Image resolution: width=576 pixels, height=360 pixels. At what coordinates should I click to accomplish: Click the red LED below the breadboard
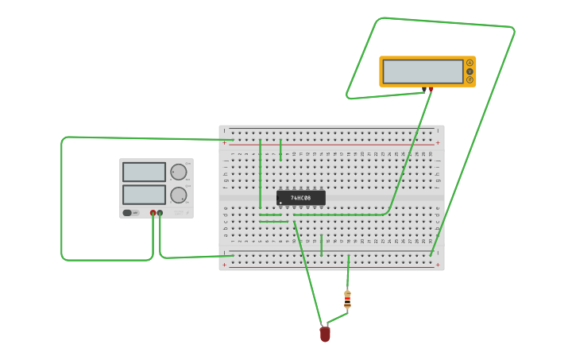pos(325,335)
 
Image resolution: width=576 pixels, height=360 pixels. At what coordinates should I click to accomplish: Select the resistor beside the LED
pos(347,300)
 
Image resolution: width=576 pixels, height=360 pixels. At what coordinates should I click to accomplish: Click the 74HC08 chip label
pos(300,197)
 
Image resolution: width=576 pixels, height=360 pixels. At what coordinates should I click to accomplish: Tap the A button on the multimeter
pos(470,63)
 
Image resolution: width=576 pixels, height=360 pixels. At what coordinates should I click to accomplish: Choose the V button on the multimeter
pos(470,72)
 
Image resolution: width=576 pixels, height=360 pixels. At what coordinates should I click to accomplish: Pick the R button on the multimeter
pos(470,79)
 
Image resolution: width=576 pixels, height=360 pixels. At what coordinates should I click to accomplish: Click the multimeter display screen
pos(423,72)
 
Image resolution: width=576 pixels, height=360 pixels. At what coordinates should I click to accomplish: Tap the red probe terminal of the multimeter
pos(431,90)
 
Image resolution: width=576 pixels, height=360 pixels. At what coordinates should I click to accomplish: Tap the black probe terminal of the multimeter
pos(425,90)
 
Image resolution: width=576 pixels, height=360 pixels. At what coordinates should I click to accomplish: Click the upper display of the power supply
pos(144,172)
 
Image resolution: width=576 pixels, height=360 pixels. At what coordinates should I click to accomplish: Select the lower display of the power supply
pos(144,195)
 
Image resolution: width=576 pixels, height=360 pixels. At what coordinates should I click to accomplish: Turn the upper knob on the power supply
pos(179,172)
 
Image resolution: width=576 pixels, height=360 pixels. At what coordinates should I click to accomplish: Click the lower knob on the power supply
pos(179,195)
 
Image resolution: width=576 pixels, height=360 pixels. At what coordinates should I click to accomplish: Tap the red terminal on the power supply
pos(153,213)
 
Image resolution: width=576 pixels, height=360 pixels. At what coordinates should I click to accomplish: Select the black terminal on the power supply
pos(160,213)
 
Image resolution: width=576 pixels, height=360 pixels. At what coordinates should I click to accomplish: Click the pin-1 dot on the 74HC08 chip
pos(280,203)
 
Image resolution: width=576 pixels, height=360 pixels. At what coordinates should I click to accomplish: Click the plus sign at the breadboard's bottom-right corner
pos(437,265)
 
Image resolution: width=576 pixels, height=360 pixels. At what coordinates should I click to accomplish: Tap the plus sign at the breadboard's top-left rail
pos(224,143)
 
